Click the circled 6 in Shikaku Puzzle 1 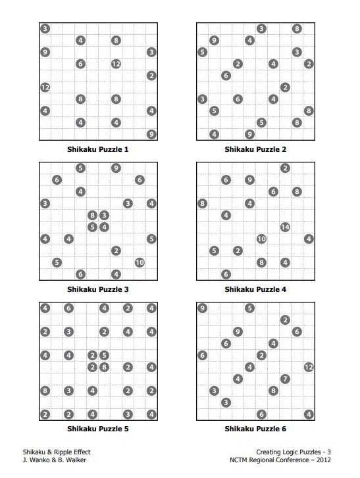coord(80,64)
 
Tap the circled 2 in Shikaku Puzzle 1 coord(151,76)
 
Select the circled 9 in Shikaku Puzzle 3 coord(116,168)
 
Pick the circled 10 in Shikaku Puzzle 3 coord(140,262)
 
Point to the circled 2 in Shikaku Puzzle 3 coord(116,251)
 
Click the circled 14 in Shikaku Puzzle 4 coord(285,227)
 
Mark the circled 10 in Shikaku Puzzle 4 coord(261,239)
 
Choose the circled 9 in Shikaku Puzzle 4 coord(249,180)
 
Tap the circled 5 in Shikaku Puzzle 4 coord(214,251)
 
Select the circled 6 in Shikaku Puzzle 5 coord(68,308)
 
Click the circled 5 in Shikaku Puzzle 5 coord(105,356)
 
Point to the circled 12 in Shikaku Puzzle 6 coord(309,367)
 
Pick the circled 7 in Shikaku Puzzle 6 coord(285,379)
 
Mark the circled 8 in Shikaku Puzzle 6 coord(273,391)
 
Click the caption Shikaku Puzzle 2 coord(255,149)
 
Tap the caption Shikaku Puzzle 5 coord(98,429)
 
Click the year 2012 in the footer coord(323,460)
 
